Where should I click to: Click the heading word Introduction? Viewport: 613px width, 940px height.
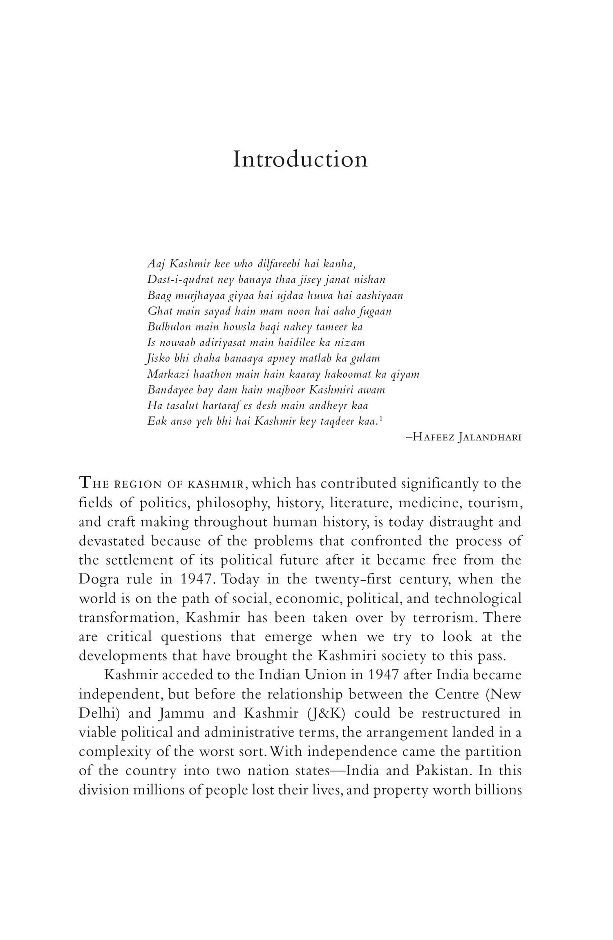tap(300, 159)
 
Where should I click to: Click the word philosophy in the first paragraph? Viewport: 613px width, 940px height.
tap(232, 503)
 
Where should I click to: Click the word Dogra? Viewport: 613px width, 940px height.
tap(98, 580)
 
